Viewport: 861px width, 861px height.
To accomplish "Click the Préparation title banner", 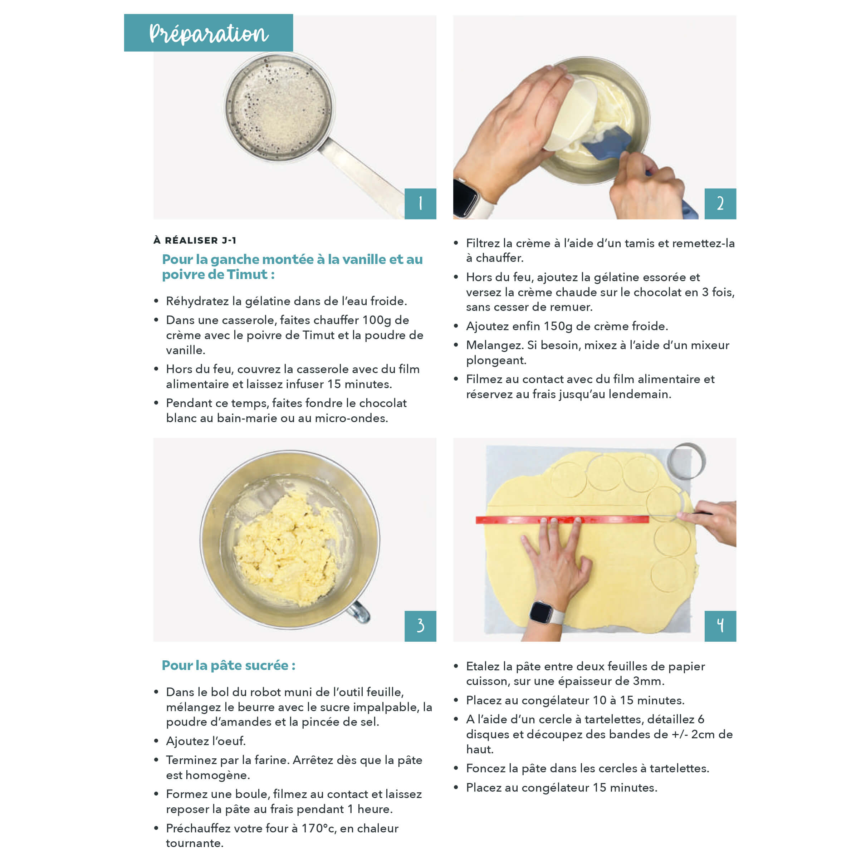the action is point(208,33).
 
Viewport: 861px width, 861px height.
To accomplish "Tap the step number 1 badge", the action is point(420,204).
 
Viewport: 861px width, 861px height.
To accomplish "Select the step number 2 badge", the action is point(720,204).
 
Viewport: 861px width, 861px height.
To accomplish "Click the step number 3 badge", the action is point(420,626).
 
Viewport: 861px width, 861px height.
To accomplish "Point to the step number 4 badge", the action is point(720,626).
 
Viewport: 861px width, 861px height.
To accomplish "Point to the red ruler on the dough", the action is point(562,520).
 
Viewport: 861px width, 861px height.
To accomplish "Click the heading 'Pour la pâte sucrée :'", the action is point(228,665).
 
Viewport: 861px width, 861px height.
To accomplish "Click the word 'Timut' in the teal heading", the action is point(248,274).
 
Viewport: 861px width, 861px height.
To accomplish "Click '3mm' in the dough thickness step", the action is point(649,681).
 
